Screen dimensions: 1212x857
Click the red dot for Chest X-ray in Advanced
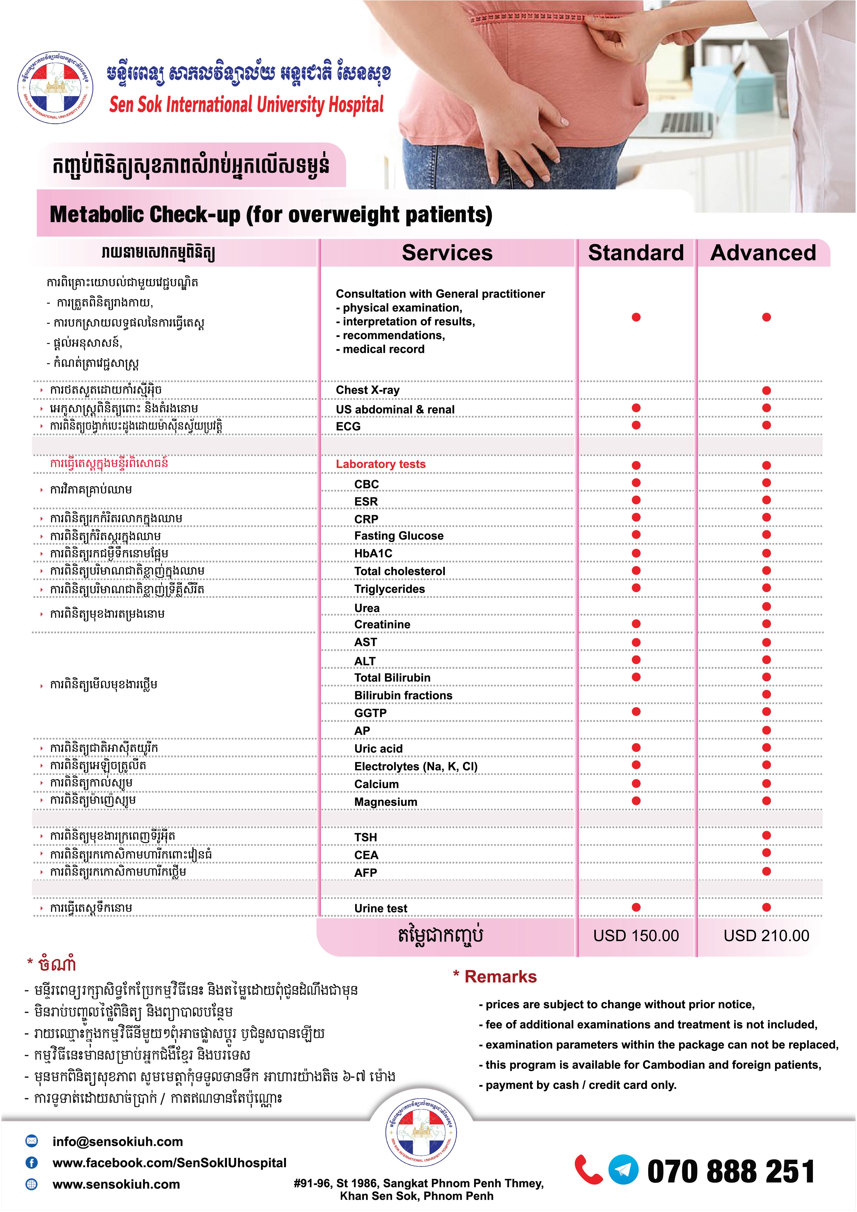click(x=766, y=391)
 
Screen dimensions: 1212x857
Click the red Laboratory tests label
click(x=381, y=464)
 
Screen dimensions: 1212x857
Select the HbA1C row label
click(x=373, y=553)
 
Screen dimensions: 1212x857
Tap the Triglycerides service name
click(x=389, y=589)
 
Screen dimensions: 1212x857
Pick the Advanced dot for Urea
click(x=766, y=607)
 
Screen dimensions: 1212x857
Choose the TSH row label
click(x=366, y=837)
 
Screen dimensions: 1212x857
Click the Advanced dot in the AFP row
click(x=766, y=872)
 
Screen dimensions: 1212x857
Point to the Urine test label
click(x=381, y=908)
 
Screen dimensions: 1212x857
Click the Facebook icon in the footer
click(x=32, y=1162)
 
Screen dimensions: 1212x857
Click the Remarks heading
click(x=500, y=976)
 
